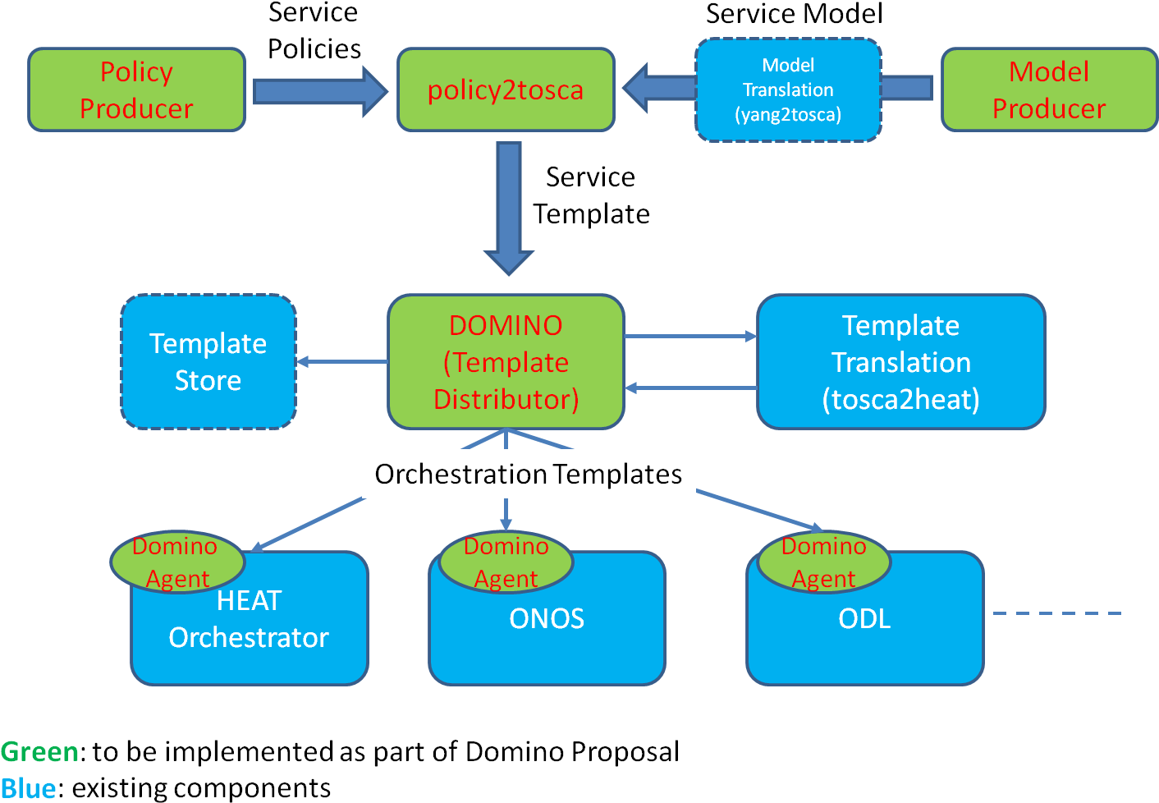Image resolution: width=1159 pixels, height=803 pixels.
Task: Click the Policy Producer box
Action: click(136, 89)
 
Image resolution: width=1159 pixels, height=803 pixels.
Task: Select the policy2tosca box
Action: click(506, 89)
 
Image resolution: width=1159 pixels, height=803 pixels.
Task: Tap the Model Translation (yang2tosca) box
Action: click(788, 89)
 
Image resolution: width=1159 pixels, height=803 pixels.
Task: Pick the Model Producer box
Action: click(1049, 89)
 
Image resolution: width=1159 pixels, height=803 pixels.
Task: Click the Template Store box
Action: click(208, 361)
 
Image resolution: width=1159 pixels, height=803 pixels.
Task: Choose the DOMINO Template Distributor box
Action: click(506, 362)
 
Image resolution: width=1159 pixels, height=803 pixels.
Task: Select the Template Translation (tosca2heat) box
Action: click(900, 362)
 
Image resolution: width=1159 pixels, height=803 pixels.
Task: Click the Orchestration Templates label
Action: click(529, 474)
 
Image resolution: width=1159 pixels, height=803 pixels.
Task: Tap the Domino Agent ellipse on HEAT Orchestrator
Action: click(177, 562)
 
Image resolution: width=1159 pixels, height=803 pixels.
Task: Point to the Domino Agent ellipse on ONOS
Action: click(506, 562)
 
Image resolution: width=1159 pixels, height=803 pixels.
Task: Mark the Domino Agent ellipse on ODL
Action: click(823, 562)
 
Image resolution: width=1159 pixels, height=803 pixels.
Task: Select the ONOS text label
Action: click(547, 618)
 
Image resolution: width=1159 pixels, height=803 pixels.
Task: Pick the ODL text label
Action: click(864, 618)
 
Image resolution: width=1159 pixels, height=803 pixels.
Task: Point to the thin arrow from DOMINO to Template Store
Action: click(341, 361)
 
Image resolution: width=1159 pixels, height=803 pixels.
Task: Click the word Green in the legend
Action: click(39, 752)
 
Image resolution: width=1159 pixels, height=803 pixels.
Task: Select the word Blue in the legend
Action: click(29, 789)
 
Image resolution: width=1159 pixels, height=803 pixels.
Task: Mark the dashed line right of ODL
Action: click(1056, 613)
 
